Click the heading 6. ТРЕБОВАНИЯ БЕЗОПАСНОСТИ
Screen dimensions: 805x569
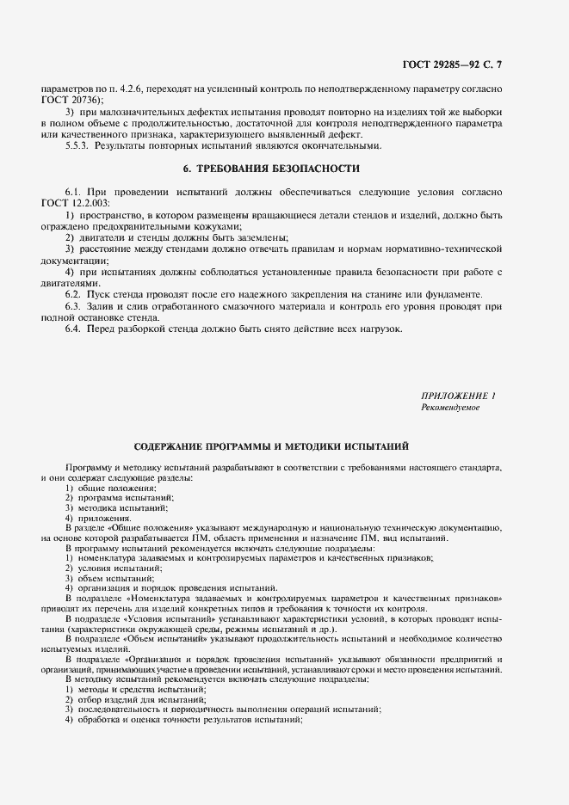click(x=271, y=168)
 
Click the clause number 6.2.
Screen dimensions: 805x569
click(x=73, y=294)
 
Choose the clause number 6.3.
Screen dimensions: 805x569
click(x=73, y=306)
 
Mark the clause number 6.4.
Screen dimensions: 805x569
click(x=73, y=329)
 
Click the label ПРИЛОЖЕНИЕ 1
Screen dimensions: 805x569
click(x=458, y=396)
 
